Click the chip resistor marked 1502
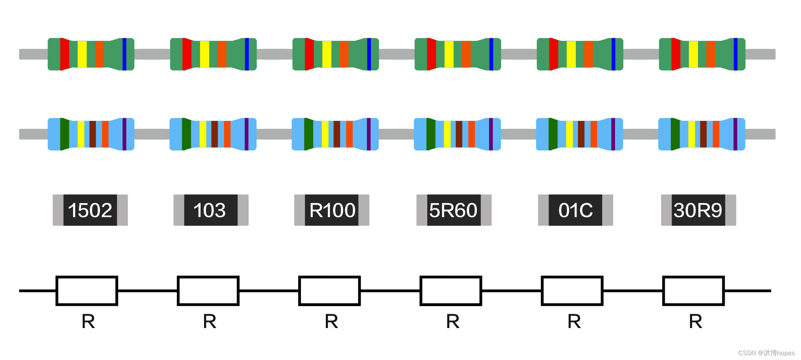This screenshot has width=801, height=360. point(90,210)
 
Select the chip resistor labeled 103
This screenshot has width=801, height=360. point(211,210)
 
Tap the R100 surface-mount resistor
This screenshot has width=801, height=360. point(332,210)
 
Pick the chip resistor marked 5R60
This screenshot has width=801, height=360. point(454,210)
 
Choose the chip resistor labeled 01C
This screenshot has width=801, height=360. point(575,210)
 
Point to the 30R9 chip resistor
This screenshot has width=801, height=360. point(698,210)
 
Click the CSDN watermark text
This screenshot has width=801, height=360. point(766,353)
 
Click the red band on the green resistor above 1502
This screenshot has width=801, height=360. point(64,54)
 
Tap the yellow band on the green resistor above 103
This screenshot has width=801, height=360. point(204,54)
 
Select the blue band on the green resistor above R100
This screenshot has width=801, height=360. point(369,54)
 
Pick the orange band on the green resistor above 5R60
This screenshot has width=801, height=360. point(466,54)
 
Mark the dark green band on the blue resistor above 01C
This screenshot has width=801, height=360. point(553,134)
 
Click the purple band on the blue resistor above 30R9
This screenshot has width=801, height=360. point(735,134)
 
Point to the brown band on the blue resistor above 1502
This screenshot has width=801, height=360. point(93,134)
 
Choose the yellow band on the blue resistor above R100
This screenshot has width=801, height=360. point(325,134)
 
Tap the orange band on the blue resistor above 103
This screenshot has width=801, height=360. point(227,134)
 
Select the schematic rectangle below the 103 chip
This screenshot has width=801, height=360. point(208,291)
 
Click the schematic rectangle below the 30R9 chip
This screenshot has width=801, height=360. point(694,291)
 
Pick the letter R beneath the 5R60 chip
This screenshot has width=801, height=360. point(453,321)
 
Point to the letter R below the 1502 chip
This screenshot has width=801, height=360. point(88,321)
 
